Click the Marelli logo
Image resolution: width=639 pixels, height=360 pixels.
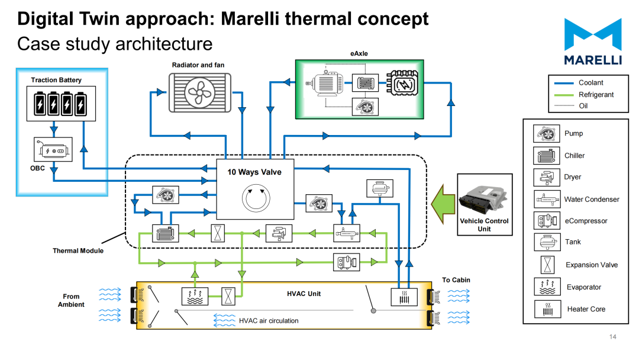click(x=593, y=41)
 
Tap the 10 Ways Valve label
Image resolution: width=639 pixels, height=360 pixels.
click(x=254, y=172)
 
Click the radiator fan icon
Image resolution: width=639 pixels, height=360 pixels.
click(x=200, y=92)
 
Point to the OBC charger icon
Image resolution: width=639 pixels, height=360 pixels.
click(x=53, y=150)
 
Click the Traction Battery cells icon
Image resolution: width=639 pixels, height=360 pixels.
click(x=61, y=104)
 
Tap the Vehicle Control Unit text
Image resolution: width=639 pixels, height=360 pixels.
click(x=484, y=224)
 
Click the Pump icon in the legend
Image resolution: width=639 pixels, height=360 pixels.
click(x=546, y=133)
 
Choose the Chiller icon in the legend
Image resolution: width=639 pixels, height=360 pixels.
click(x=546, y=155)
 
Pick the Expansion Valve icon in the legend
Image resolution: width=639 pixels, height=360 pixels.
click(x=548, y=265)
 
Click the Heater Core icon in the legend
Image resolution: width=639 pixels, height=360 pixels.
click(x=548, y=309)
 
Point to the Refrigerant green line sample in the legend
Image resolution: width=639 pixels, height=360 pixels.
click(x=564, y=95)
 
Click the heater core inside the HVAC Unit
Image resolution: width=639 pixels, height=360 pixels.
click(x=404, y=297)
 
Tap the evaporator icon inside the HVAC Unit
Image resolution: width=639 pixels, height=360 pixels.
click(x=195, y=297)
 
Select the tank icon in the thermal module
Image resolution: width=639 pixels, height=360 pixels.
click(x=380, y=188)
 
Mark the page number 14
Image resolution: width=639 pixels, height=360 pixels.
click(x=613, y=337)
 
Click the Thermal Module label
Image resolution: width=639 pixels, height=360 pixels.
click(x=78, y=250)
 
